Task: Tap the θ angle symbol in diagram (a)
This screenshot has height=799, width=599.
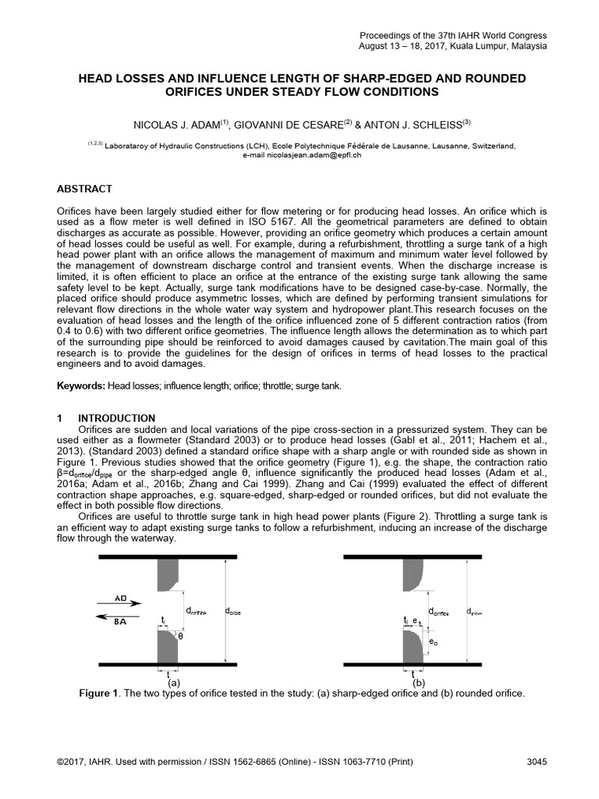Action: tap(182, 636)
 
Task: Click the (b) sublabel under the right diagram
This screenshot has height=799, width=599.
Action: tap(418, 682)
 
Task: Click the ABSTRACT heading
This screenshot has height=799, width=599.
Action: tap(85, 189)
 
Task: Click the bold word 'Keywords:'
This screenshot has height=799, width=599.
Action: tap(81, 386)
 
